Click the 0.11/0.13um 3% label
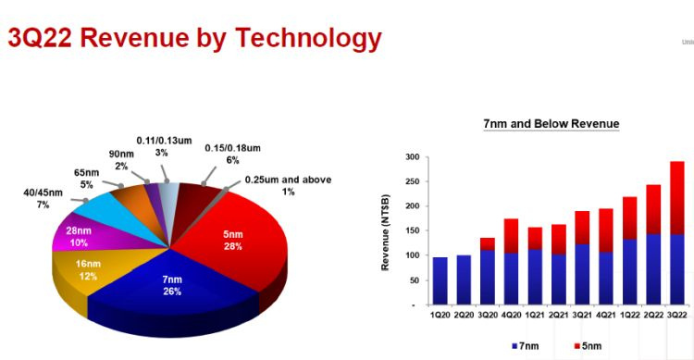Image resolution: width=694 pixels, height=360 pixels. (x=162, y=145)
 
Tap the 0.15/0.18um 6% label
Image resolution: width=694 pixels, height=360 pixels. (x=231, y=154)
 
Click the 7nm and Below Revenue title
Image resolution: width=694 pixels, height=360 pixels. (x=551, y=123)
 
